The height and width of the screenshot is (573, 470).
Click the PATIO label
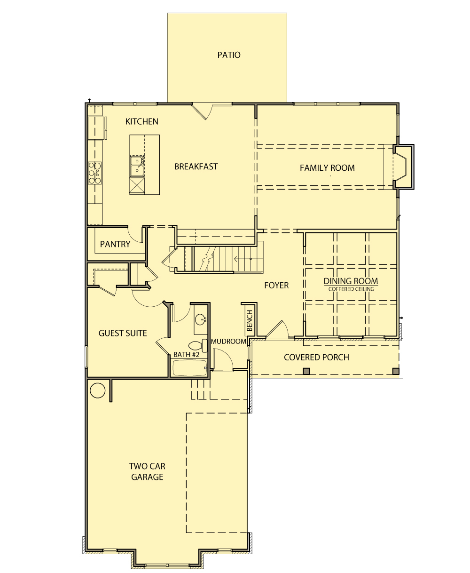coord(228,55)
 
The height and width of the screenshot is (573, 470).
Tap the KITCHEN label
coord(141,121)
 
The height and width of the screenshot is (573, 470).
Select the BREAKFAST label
coord(196,167)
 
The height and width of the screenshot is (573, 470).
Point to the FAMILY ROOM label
coord(327,168)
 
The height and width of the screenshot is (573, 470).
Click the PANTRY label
coord(115,244)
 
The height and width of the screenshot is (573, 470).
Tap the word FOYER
coord(276,285)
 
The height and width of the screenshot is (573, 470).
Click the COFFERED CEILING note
coord(351,289)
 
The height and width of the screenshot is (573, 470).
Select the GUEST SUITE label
coord(123,333)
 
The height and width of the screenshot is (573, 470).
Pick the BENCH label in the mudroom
coord(250,320)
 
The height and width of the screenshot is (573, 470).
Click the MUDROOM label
coord(228,341)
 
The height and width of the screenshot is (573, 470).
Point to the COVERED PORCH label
coord(316,357)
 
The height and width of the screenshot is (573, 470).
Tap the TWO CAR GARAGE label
coord(147,471)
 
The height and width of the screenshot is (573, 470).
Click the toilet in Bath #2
coord(198,345)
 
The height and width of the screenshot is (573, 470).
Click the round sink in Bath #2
coord(201,318)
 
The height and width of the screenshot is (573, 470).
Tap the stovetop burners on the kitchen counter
coord(95,173)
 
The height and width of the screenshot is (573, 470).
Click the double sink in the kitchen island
coord(137,166)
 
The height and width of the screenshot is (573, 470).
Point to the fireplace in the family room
coord(403,167)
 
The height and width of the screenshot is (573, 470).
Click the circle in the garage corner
coord(97,390)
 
